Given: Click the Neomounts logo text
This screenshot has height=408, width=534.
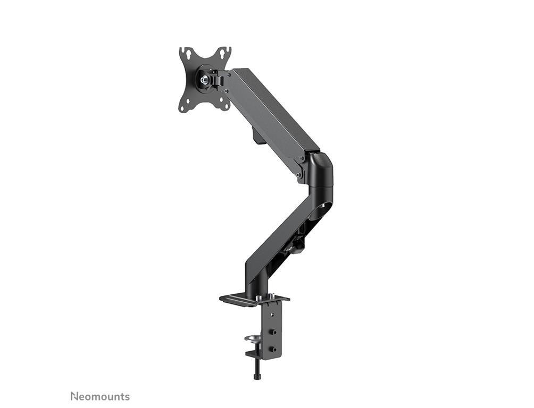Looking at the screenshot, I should [100, 396].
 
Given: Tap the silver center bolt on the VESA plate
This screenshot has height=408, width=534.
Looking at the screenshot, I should [204, 80].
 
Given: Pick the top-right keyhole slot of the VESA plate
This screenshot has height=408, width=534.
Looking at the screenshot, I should [224, 53].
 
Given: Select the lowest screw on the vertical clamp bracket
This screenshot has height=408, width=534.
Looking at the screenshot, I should [273, 350].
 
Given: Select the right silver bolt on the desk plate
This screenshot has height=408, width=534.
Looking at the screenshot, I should [272, 295].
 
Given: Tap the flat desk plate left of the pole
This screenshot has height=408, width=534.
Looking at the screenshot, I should [236, 299].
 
